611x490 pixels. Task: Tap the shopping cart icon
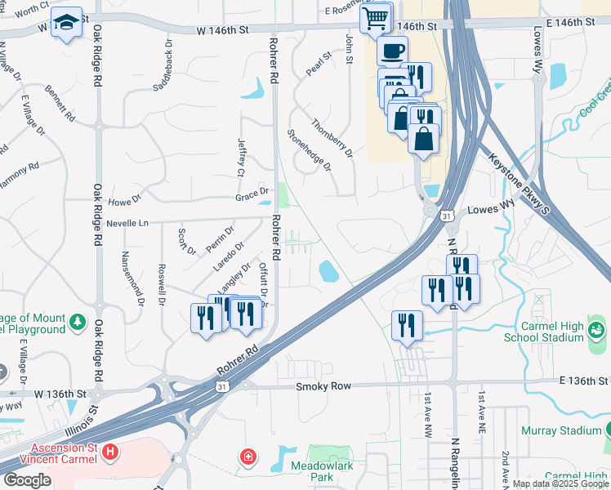tap(376, 17)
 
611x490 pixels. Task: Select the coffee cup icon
tap(392, 51)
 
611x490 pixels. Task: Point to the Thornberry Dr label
tap(332, 137)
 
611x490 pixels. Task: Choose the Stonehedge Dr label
tap(310, 149)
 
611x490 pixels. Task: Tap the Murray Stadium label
tap(562, 430)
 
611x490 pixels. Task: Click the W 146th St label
tap(222, 30)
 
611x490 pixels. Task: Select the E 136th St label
tap(585, 381)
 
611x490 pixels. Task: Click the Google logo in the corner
tap(27, 480)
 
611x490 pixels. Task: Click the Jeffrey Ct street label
tap(241, 157)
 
